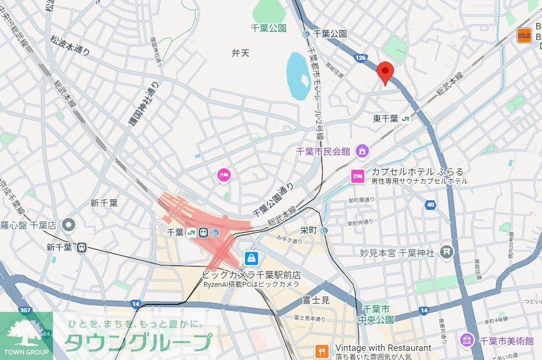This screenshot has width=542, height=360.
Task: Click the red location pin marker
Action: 385,72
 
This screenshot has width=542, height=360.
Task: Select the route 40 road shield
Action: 430,204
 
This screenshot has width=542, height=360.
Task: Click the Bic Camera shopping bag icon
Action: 251,259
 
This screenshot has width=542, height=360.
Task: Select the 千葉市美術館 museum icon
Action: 467,340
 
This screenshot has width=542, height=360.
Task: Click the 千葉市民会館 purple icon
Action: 363,151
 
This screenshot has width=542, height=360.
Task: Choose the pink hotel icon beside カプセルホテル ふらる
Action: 357,176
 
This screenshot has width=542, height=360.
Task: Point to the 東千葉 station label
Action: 386,119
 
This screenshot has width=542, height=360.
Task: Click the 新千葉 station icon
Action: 82,247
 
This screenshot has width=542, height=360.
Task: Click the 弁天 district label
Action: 240,53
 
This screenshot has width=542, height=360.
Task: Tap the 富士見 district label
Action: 316,300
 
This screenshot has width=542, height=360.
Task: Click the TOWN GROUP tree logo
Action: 26,334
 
